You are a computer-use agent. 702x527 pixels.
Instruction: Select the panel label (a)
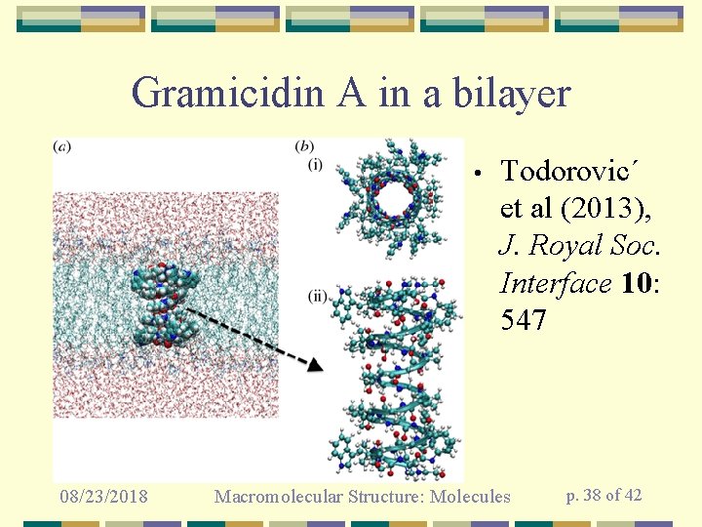pos(63,147)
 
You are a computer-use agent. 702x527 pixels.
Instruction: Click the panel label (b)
pos(305,147)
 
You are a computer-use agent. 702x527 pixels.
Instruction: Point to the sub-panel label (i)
pos(315,163)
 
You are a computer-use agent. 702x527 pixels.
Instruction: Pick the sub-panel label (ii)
pos(318,295)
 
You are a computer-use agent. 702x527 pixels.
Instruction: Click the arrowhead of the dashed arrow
pos(313,365)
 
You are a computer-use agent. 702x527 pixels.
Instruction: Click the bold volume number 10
pos(635,283)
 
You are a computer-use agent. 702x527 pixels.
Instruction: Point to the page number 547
pos(523,319)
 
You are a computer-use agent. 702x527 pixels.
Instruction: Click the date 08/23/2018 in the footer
pos(102,497)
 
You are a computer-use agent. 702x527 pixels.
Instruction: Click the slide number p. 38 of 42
pos(604,495)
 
